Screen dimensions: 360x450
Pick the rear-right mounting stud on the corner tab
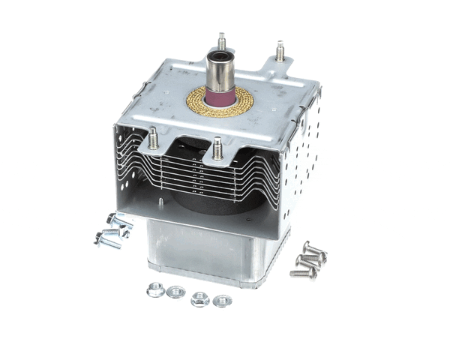[x=280, y=52]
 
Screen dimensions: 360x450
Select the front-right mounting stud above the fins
[x=217, y=147]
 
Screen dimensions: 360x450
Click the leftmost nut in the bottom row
[x=156, y=290]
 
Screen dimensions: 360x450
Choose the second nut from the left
[x=176, y=292]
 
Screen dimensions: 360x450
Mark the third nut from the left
[x=199, y=298]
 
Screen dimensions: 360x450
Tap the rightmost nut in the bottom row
[x=222, y=300]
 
